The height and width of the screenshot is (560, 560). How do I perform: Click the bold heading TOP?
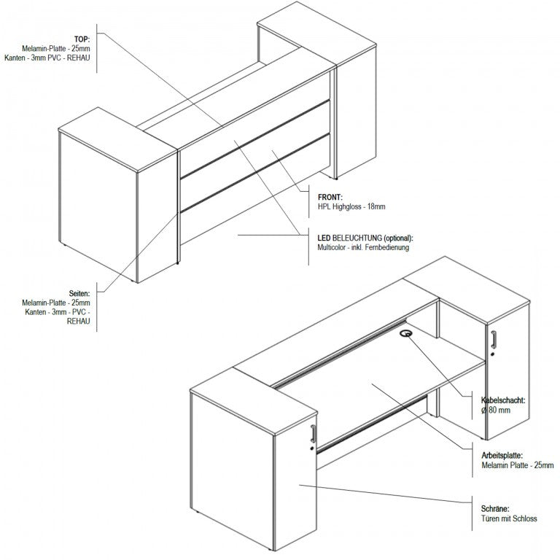pyautogui.click(x=82, y=39)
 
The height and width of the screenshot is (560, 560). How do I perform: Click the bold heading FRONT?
pyautogui.click(x=330, y=197)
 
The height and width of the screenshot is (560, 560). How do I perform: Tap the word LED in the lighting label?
pyautogui.click(x=324, y=238)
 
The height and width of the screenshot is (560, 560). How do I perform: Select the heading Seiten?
pyautogui.click(x=79, y=294)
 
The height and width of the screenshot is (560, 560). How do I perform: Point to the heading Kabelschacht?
pyautogui.click(x=503, y=400)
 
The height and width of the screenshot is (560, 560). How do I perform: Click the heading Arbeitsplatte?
pyautogui.click(x=502, y=456)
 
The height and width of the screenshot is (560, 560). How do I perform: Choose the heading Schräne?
pyautogui.click(x=495, y=508)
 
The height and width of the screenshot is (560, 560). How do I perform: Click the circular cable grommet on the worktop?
pyautogui.click(x=405, y=333)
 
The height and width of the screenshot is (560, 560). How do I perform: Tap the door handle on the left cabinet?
pyautogui.click(x=314, y=434)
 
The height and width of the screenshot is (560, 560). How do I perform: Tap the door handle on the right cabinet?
pyautogui.click(x=493, y=339)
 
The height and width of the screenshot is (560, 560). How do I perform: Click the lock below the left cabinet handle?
pyautogui.click(x=313, y=448)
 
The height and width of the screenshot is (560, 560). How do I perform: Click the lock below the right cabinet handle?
pyautogui.click(x=493, y=354)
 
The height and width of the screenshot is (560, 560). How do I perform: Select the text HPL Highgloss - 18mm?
pyautogui.click(x=351, y=206)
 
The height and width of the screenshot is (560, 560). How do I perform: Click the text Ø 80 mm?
pyautogui.click(x=495, y=410)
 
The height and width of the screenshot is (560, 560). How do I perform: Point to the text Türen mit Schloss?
pyautogui.click(x=509, y=518)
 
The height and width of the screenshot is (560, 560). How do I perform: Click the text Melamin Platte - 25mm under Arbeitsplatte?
pyautogui.click(x=518, y=465)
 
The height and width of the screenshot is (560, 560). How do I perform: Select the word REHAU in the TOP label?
pyautogui.click(x=79, y=58)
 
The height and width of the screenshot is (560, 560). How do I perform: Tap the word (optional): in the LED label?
pyautogui.click(x=399, y=238)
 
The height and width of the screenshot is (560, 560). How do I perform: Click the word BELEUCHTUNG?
pyautogui.click(x=357, y=238)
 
